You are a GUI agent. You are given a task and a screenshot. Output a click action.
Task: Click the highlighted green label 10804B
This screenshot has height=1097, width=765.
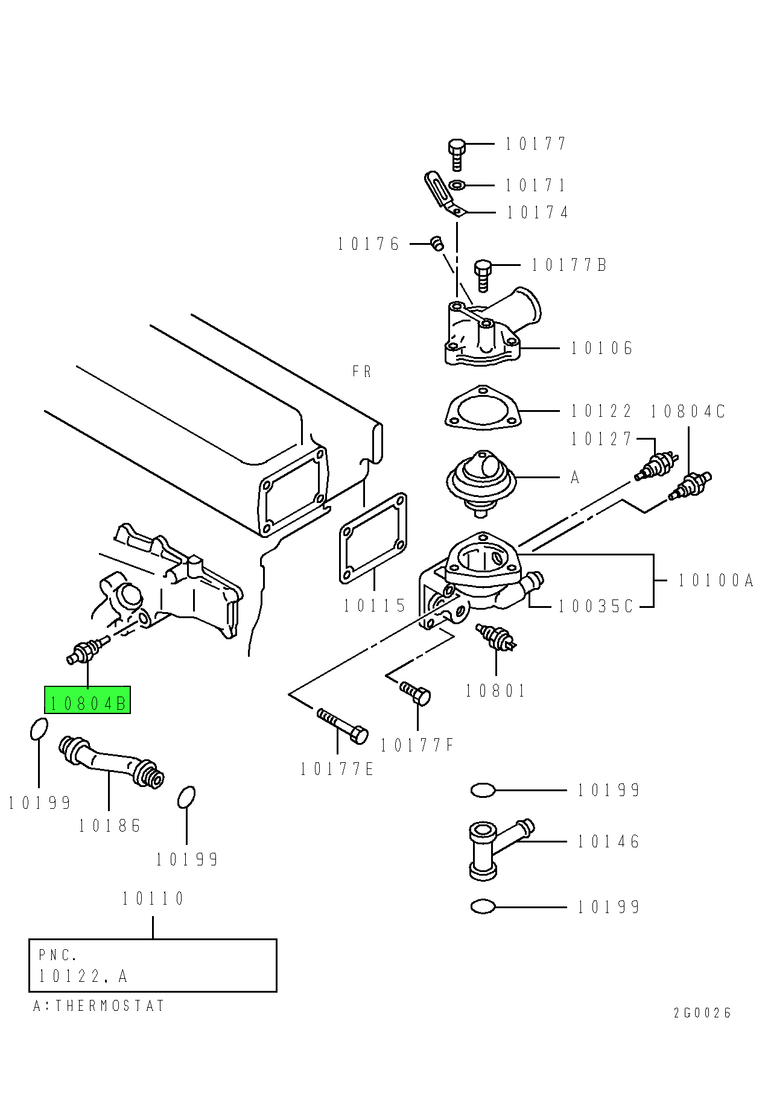point(87,701)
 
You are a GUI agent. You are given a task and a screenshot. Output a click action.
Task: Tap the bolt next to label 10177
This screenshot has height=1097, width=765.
point(457,154)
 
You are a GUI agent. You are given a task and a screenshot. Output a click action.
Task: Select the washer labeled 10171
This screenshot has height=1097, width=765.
point(457,185)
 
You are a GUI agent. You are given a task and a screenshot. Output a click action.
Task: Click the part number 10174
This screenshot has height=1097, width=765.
point(538,212)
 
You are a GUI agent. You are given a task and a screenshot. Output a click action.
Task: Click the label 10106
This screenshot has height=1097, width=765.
point(602,348)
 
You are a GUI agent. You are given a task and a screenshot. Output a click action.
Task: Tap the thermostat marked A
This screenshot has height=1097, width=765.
point(482,479)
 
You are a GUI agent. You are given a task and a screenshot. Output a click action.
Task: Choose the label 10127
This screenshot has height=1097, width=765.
point(601,439)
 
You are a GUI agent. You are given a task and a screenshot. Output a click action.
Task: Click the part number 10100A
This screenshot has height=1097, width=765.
point(716,580)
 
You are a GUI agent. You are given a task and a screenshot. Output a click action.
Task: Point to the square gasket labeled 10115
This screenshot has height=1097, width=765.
point(373,538)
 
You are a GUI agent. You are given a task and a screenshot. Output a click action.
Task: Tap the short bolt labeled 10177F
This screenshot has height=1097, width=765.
point(416,693)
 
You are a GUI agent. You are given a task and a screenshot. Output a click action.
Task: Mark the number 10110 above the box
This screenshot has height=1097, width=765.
point(153,899)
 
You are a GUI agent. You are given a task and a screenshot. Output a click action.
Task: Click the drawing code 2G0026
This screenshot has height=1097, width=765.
point(702,1013)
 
